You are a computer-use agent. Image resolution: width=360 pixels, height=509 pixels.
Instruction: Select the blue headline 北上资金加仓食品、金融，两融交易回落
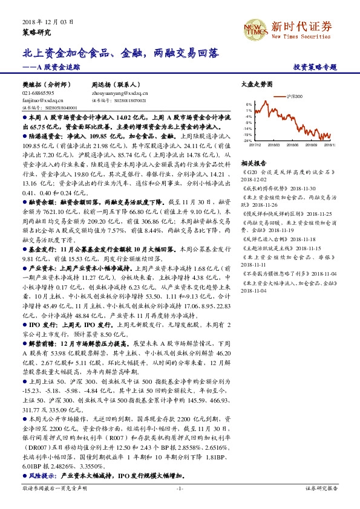[x=121, y=54]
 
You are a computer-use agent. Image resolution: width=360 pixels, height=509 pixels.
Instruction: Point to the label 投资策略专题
[x=313, y=68]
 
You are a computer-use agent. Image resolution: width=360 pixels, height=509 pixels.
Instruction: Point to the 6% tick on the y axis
[x=249, y=104]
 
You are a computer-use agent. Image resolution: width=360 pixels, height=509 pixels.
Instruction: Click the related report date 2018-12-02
[x=254, y=179]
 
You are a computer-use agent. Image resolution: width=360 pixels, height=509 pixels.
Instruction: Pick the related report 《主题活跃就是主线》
[x=266, y=248]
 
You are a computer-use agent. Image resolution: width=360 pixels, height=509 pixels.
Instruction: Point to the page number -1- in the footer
[x=180, y=488]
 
